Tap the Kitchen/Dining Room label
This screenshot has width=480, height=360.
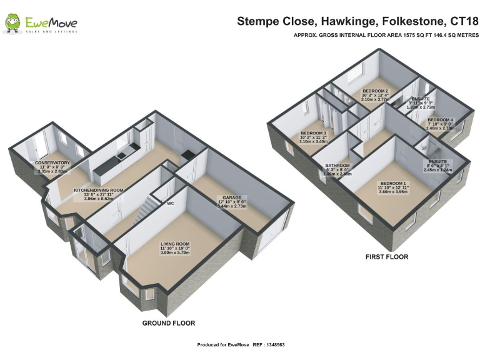(99, 189)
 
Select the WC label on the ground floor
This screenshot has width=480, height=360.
(170, 203)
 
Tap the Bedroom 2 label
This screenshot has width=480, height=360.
(376, 91)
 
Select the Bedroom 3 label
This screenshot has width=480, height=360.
(313, 133)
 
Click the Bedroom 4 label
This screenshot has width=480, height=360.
(441, 119)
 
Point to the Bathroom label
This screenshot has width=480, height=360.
(338, 166)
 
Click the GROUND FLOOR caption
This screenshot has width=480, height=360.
(169, 323)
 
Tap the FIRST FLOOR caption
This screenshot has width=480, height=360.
(387, 257)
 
